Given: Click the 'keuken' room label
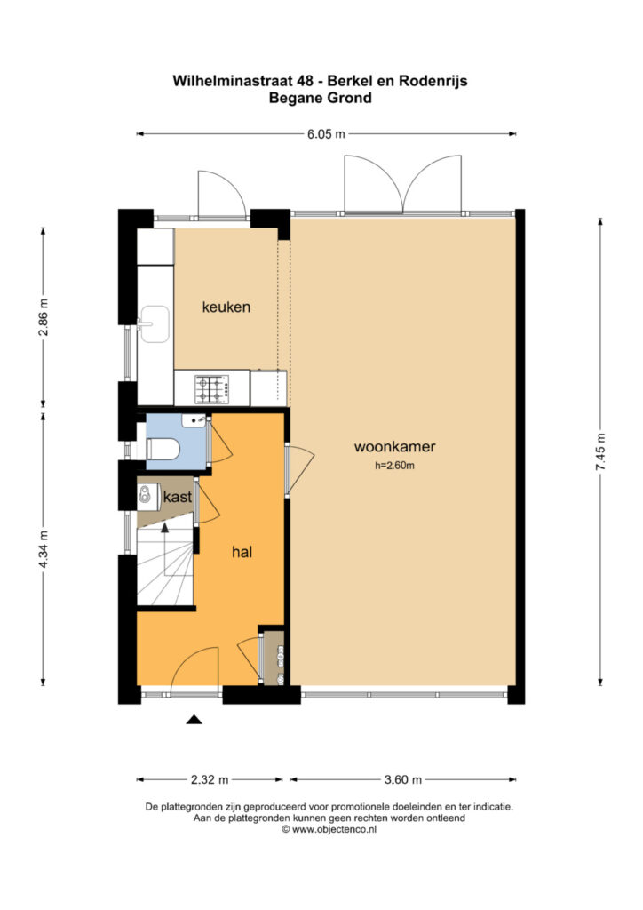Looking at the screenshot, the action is (226, 307).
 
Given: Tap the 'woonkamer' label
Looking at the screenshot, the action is (394, 446).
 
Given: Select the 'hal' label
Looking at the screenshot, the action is (242, 551).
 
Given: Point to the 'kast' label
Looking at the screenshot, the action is (178, 497).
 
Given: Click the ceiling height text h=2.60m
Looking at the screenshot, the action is (394, 465).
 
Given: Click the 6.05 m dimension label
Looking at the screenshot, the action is (326, 134).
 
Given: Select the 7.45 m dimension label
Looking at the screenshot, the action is (600, 452).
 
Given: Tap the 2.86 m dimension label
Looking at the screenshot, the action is (43, 317).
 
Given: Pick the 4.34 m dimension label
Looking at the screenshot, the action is (43, 548).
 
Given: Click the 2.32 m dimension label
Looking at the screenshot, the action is (210, 779).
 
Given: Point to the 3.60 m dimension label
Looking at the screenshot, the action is (403, 779).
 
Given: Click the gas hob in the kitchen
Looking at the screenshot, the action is (211, 389).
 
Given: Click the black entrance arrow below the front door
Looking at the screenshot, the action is (194, 720).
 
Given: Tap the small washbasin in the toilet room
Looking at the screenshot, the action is (193, 420).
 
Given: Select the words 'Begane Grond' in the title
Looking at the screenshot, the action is (320, 98).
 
